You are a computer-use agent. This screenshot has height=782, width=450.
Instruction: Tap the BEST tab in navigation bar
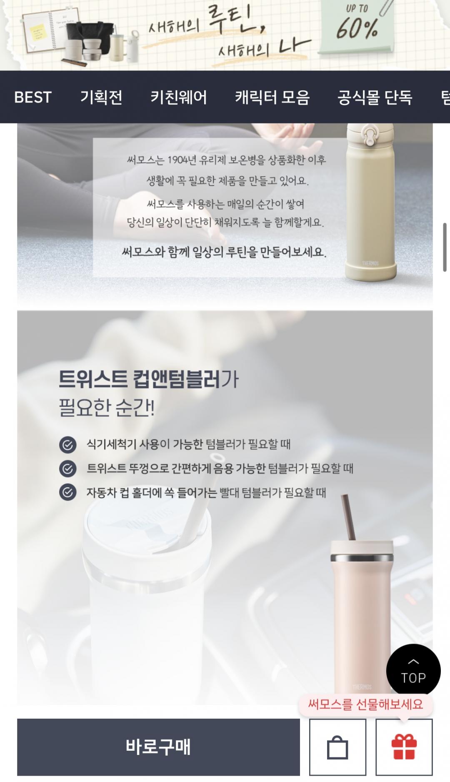tap(32, 97)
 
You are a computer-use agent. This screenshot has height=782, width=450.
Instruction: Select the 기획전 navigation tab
tap(101, 97)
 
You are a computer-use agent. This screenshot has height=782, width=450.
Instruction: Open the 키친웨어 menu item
tap(179, 97)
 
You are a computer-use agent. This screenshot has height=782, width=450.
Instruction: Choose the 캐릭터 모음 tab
tap(272, 97)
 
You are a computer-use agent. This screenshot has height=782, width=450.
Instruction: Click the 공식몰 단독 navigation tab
tap(375, 97)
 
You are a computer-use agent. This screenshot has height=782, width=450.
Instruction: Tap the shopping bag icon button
tap(337, 747)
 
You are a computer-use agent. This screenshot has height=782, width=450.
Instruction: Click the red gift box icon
tap(404, 747)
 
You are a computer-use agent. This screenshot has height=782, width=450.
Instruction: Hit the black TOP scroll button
tap(413, 671)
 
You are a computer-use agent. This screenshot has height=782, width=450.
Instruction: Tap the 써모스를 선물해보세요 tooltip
tap(365, 704)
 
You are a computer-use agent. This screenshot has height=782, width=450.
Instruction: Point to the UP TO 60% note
tap(357, 24)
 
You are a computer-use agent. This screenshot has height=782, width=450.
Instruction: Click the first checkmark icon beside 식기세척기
tap(67, 444)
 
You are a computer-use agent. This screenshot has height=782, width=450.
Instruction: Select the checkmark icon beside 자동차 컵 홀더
tap(67, 492)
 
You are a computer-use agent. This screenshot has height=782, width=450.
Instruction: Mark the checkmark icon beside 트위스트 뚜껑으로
tap(67, 469)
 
